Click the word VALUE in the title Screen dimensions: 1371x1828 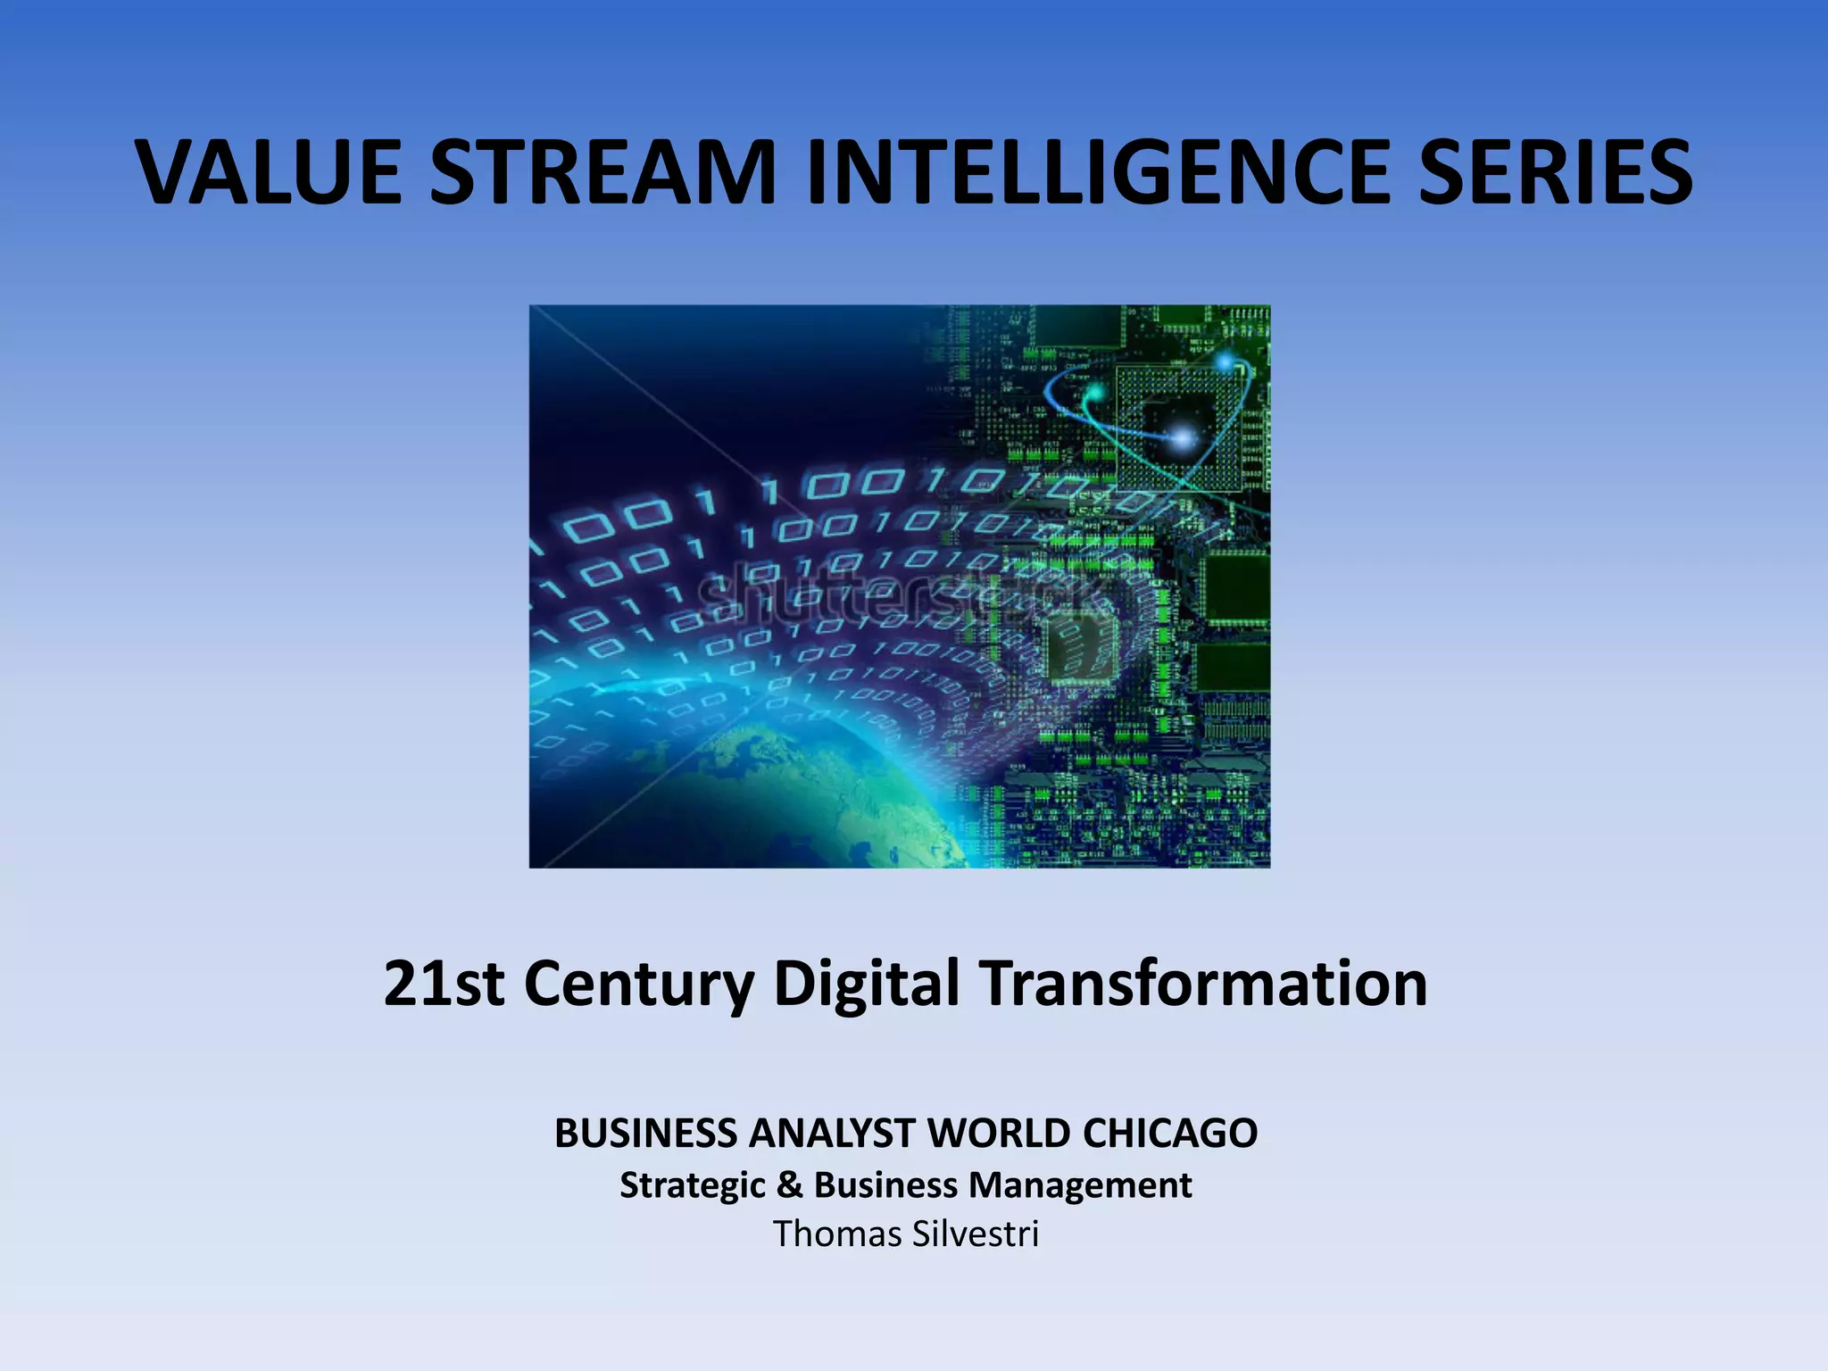269,172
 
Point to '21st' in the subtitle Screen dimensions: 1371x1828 444,983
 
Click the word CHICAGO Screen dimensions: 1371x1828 1170,1133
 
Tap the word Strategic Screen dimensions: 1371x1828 692,1185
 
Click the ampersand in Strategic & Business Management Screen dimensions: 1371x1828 789,1185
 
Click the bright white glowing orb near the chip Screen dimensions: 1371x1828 1183,437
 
